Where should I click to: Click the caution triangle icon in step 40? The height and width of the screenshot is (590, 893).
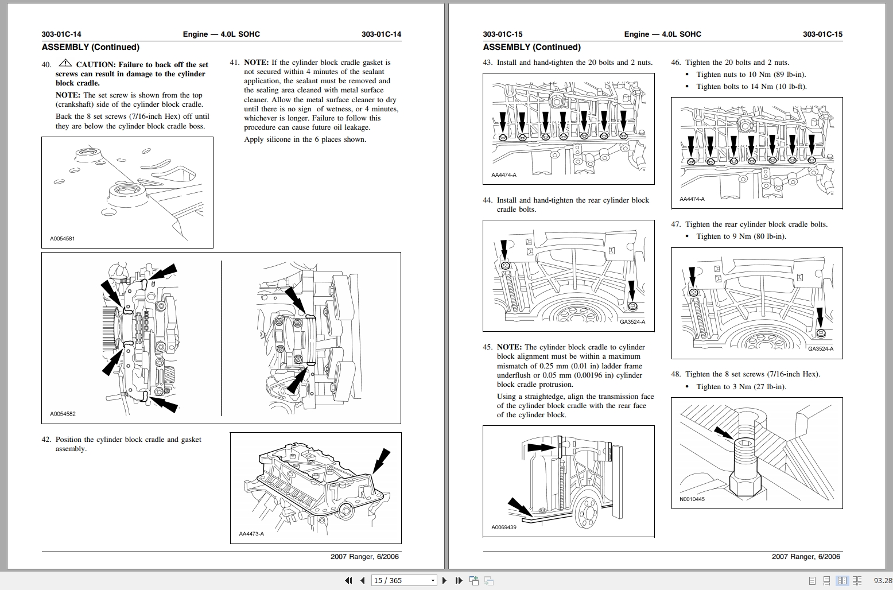tap(65, 63)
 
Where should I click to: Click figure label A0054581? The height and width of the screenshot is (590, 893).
tap(63, 239)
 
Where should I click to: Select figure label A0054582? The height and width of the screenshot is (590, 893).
tap(63, 414)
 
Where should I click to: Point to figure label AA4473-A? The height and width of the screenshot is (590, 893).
tap(251, 534)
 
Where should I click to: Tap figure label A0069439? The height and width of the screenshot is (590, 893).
tap(504, 527)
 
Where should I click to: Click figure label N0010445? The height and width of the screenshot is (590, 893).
tap(692, 499)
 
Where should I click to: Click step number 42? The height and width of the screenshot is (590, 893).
tap(46, 440)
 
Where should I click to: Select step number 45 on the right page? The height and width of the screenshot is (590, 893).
tap(487, 347)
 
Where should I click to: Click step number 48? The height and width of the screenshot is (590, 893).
tap(675, 374)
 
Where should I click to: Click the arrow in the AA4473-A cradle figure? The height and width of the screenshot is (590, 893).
tap(381, 461)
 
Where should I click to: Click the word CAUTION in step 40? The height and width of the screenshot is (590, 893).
tap(96, 65)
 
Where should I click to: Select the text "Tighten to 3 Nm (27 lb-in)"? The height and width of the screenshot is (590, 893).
tap(741, 387)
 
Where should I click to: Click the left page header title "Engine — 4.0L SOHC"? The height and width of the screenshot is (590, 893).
tap(221, 34)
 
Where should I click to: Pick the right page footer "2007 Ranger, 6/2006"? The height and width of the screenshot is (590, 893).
tap(806, 557)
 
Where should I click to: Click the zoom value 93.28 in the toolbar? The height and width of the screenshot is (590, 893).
tap(883, 581)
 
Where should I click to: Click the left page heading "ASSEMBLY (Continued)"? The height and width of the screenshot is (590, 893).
tap(90, 48)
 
